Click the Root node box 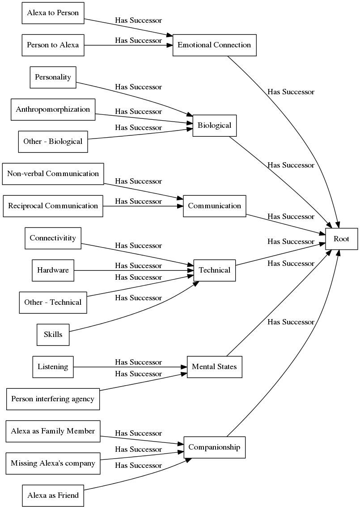tap(341, 239)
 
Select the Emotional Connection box tap(214, 45)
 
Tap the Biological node tap(214, 126)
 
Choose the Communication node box tap(214, 206)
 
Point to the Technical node tap(214, 270)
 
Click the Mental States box tap(214, 367)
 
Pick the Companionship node tap(214, 447)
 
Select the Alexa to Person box tap(53, 13)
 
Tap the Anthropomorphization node tap(53, 109)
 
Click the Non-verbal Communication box tap(53, 174)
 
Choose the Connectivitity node tap(53, 238)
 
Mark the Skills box tap(53, 335)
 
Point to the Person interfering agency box tap(53, 399)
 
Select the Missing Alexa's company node tap(53, 463)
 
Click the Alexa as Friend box tap(53, 496)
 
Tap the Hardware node tap(53, 270)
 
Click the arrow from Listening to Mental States tap(130, 367)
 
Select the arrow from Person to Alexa tap(130, 45)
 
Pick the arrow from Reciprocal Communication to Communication tap(143, 206)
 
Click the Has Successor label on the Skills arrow tap(138, 298)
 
